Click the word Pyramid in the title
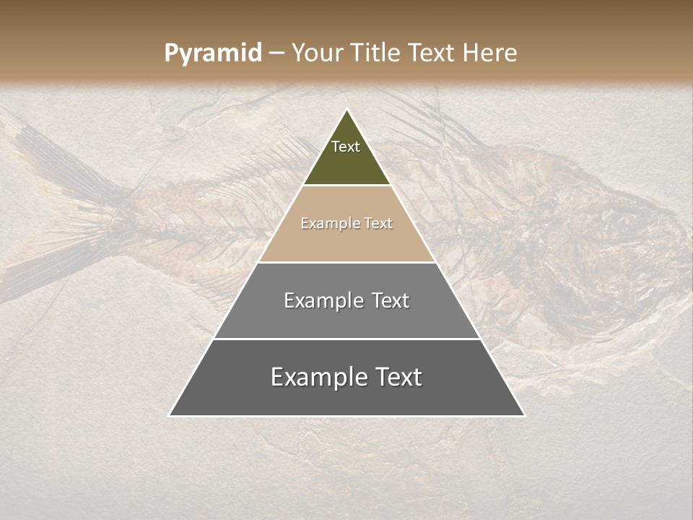click(x=212, y=53)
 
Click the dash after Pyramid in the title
click(x=276, y=53)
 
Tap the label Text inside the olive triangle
click(x=346, y=147)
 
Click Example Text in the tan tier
click(x=346, y=223)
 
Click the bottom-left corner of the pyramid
click(x=170, y=415)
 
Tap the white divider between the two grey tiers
click(x=346, y=339)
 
